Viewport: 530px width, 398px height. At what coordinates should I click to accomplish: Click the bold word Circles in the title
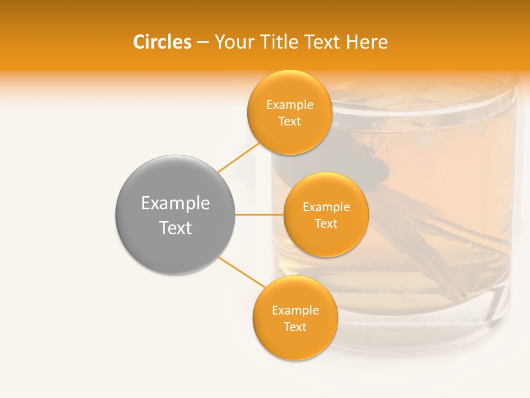162,42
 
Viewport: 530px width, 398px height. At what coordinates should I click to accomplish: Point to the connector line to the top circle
239,156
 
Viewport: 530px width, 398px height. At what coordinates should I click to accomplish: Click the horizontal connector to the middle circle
259,214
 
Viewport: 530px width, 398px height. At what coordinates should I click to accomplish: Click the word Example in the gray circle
176,203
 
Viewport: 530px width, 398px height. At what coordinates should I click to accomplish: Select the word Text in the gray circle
176,228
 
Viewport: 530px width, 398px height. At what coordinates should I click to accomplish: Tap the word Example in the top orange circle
290,105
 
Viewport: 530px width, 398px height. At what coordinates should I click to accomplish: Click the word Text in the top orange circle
290,122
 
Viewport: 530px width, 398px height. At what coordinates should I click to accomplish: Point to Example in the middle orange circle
326,207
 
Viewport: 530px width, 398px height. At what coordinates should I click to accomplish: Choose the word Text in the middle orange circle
326,224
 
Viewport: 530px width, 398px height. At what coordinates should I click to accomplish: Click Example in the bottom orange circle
295,311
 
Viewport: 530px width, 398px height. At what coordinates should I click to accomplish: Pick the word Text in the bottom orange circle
295,327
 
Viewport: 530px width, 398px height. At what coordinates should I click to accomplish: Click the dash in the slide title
203,43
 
